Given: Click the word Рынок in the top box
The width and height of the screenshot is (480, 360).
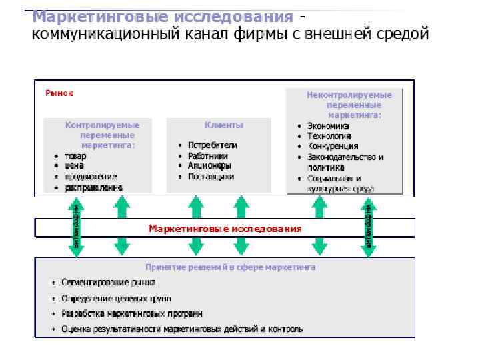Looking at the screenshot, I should [59, 93].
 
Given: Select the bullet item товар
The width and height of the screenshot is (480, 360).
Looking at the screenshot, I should [75, 156].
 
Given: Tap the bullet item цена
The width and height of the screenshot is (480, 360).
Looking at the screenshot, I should [74, 166].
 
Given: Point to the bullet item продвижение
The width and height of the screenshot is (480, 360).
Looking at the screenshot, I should [90, 177].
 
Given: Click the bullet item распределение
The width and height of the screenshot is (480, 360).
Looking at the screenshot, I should [93, 187].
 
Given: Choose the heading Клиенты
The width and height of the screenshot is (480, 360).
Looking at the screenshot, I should [224, 125].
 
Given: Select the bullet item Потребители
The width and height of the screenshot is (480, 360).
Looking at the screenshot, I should [212, 145].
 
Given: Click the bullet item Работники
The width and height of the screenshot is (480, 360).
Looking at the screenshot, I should [207, 155].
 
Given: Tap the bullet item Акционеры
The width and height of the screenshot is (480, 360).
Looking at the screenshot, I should [209, 166].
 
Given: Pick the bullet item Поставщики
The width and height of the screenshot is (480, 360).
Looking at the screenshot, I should [211, 177].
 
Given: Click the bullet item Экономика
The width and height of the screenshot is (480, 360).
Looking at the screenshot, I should [328, 125].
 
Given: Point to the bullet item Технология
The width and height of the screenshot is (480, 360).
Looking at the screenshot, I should [330, 136].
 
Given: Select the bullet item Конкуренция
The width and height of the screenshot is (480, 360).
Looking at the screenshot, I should [333, 146].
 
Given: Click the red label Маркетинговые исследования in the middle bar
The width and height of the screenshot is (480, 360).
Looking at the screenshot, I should [225, 229].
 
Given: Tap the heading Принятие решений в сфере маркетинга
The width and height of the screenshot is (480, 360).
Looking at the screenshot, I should [231, 267].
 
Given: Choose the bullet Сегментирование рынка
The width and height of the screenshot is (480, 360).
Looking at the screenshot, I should [108, 282].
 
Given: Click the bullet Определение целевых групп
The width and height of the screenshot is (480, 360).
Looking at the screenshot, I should [115, 298].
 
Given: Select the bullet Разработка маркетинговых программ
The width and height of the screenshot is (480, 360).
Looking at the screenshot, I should [132, 313].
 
